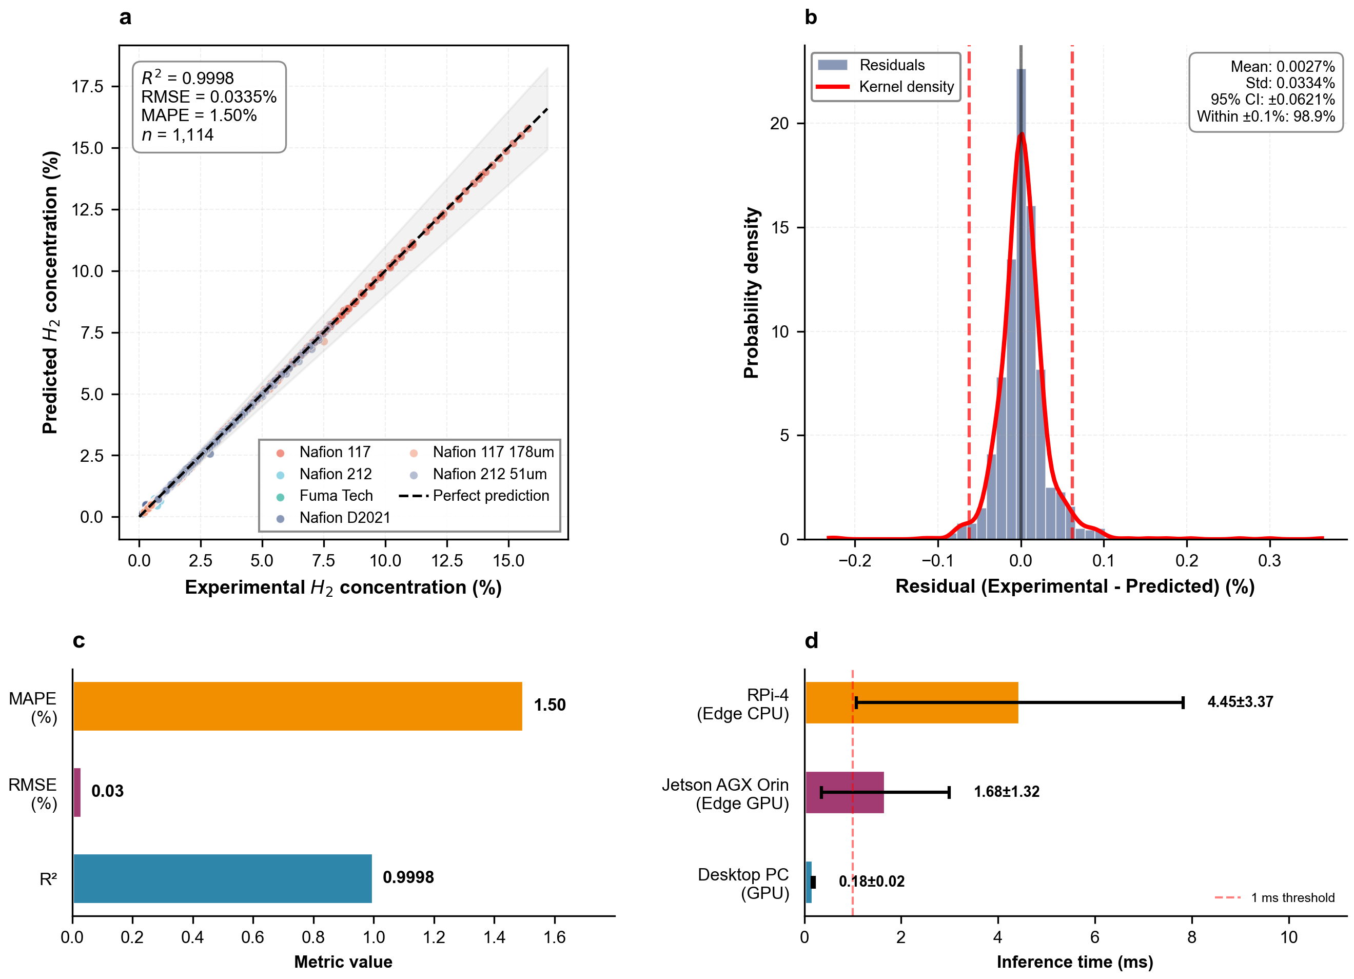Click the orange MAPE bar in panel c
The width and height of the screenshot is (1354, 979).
coord(297,706)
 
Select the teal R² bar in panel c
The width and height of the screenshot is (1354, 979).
coord(222,878)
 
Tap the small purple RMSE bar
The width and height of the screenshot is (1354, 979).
coord(77,792)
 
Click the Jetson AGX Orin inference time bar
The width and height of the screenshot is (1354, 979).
coord(844,792)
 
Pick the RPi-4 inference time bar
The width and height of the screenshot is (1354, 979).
coord(911,702)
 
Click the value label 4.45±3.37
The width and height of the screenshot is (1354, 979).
coord(1240,702)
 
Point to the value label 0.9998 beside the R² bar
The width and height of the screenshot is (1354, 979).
coord(408,877)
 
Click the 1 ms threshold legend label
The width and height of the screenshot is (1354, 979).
coord(1292,898)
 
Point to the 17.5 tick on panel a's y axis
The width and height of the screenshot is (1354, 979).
coord(88,87)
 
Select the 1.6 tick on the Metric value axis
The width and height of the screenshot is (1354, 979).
coord(555,937)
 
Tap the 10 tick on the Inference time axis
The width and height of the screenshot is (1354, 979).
coord(1289,937)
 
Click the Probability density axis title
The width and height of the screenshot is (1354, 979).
coord(751,292)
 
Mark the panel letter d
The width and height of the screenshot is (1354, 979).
coord(811,640)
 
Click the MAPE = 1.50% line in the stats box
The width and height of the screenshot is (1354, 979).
coord(199,116)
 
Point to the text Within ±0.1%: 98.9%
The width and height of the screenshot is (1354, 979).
coord(1266,116)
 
